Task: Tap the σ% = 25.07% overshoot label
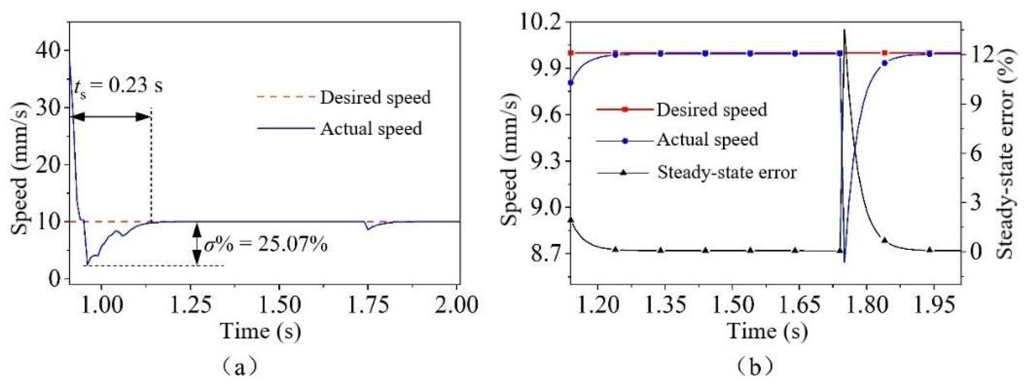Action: click(265, 244)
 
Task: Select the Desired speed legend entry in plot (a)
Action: click(375, 97)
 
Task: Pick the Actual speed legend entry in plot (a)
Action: click(370, 128)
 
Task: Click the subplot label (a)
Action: click(240, 367)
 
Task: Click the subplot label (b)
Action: click(754, 367)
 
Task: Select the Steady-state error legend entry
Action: click(726, 172)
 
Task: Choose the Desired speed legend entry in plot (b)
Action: click(711, 109)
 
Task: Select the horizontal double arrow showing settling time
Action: click(112, 117)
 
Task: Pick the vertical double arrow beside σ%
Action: click(197, 244)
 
